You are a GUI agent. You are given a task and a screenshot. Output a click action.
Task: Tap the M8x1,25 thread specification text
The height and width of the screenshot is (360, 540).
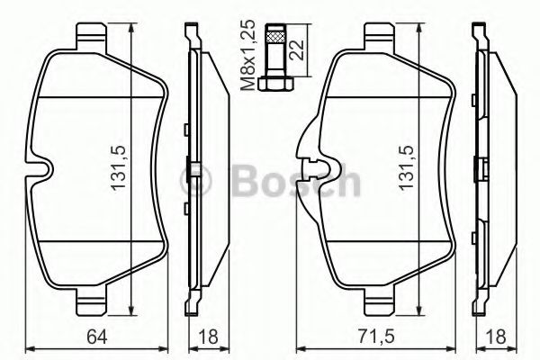coord(248,54)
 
